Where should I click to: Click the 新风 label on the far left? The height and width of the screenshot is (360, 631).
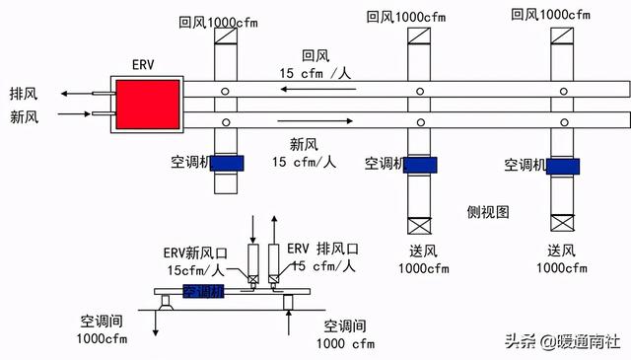tap(21, 116)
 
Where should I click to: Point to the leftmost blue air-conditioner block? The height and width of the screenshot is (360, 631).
tap(227, 164)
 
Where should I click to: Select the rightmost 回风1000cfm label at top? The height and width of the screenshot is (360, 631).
tap(551, 14)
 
